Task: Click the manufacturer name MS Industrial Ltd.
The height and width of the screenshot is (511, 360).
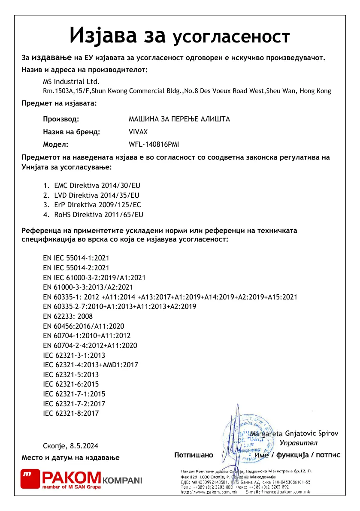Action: pyautogui.click(x=71, y=82)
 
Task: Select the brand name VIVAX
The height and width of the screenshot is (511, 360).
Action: pyautogui.click(x=138, y=132)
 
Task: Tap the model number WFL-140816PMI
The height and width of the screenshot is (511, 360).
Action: pyautogui.click(x=154, y=145)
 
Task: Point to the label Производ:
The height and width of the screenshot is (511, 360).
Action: pyautogui.click(x=61, y=119)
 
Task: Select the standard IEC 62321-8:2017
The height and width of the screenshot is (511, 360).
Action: pyautogui.click(x=71, y=414)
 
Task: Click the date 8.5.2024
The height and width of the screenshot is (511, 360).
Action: pyautogui.click(x=82, y=446)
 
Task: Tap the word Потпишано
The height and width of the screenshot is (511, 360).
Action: pyautogui.click(x=194, y=455)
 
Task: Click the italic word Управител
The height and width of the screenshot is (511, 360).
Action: pyautogui.click(x=298, y=443)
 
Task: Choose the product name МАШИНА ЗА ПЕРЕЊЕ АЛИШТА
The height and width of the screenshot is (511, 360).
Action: pyautogui.click(x=179, y=119)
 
